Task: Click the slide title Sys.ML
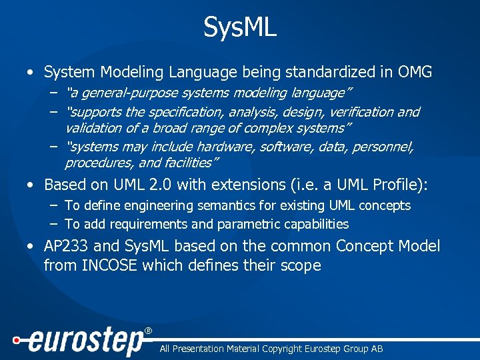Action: coord(240,28)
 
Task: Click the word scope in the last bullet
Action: coord(301,265)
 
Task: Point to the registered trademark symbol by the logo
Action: coord(149,331)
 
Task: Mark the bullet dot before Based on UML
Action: coord(31,185)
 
